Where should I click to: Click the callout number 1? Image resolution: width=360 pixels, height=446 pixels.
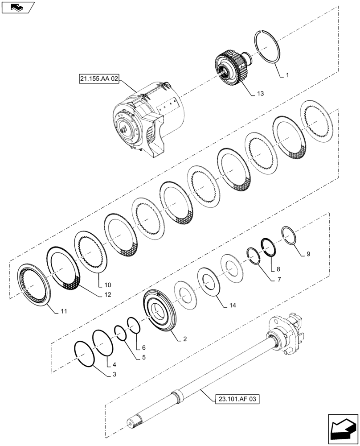tap(287, 75)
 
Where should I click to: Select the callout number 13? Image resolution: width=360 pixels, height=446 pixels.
tap(260, 94)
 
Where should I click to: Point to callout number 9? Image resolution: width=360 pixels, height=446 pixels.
tap(308, 254)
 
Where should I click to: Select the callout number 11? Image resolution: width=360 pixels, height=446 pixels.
tap(64, 311)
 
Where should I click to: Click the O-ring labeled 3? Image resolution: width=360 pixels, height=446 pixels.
tap(85, 354)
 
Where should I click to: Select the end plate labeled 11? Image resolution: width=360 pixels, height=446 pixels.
tap(34, 286)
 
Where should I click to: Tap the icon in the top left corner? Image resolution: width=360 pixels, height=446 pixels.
tap(18, 7)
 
